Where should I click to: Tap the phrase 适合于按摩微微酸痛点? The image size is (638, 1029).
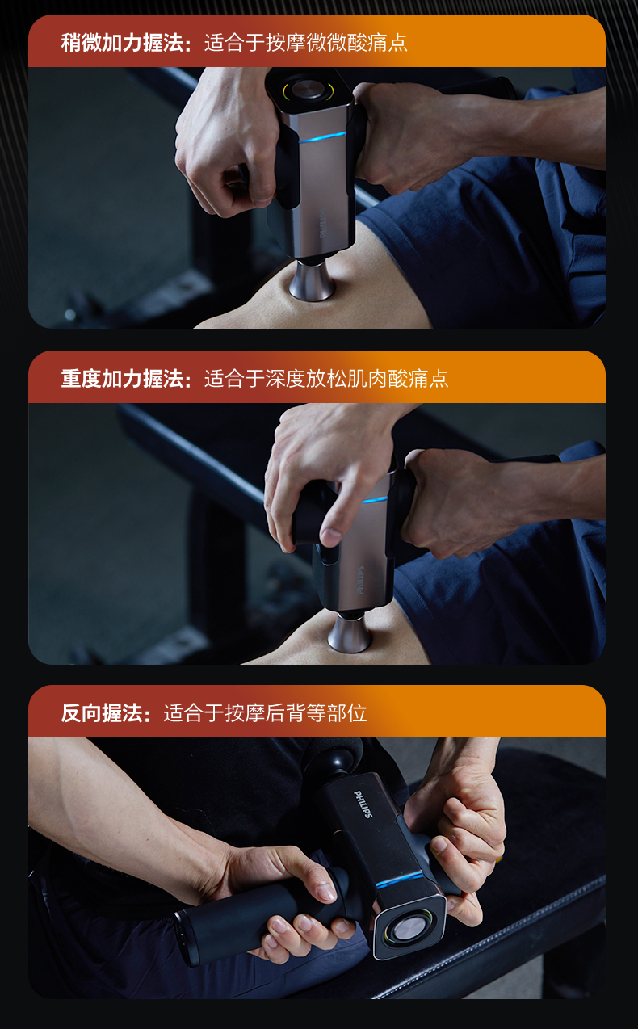[x=306, y=43]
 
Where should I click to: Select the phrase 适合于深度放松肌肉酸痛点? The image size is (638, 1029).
[x=326, y=379]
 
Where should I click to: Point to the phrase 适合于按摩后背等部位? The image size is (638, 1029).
[x=265, y=713]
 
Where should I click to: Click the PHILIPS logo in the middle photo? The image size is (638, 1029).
[x=360, y=580]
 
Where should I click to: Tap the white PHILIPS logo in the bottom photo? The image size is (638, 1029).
[x=363, y=804]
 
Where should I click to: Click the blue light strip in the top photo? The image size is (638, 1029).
[x=322, y=136]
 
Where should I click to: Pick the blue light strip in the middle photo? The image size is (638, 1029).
[x=375, y=499]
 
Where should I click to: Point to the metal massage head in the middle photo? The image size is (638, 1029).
[x=350, y=632]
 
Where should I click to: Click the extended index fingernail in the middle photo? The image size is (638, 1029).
[x=331, y=536]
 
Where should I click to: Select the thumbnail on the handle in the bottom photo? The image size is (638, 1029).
[x=326, y=892]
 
